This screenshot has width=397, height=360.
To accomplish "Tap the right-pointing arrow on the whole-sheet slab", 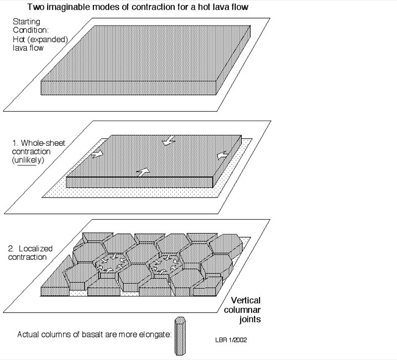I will pos(97,155).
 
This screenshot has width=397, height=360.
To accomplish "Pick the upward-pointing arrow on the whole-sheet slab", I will pos(142,172).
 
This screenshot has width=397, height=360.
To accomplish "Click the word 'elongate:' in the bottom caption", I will pos(156,334).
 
